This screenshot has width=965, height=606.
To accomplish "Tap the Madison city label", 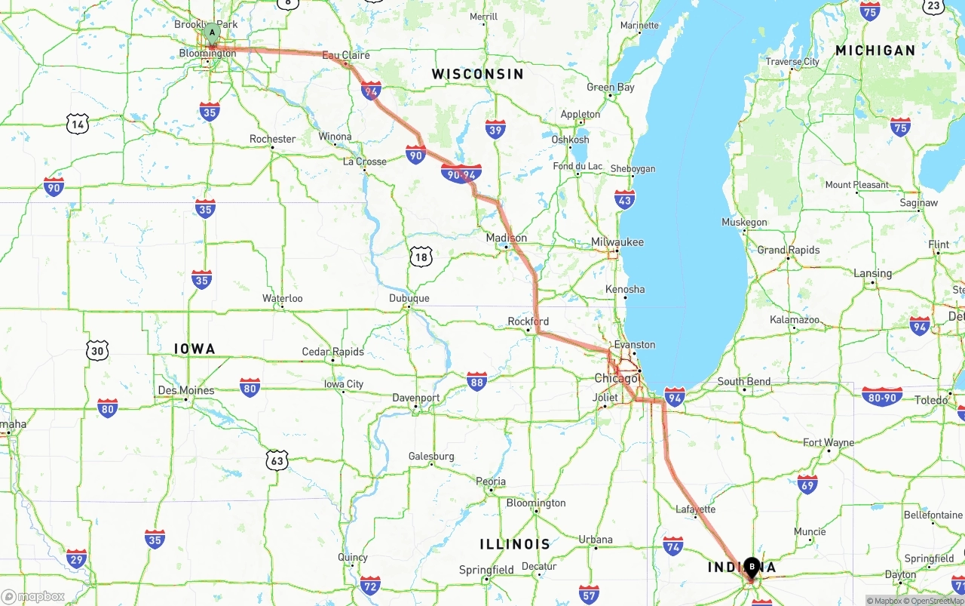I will [x=507, y=238].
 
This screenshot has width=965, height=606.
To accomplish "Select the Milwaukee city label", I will [x=617, y=242].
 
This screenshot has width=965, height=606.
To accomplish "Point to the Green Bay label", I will [x=611, y=88].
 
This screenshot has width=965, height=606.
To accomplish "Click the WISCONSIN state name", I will [x=477, y=74].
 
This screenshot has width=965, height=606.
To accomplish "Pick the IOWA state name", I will [x=195, y=349].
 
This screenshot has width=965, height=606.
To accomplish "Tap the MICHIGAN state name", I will [x=875, y=51].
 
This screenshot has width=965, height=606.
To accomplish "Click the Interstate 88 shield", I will [x=476, y=381].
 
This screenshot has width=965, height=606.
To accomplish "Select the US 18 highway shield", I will [x=421, y=257].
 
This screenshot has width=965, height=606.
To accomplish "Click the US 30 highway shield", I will [x=97, y=350].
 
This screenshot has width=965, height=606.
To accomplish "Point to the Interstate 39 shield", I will [x=495, y=129].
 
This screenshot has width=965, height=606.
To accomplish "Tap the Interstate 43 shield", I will [x=625, y=200].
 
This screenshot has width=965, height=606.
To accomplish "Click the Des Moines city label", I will [x=185, y=390].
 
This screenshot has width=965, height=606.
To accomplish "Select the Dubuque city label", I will [x=409, y=298].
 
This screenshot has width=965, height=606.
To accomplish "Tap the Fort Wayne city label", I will [x=829, y=443].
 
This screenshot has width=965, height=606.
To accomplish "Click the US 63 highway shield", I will [x=277, y=459].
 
